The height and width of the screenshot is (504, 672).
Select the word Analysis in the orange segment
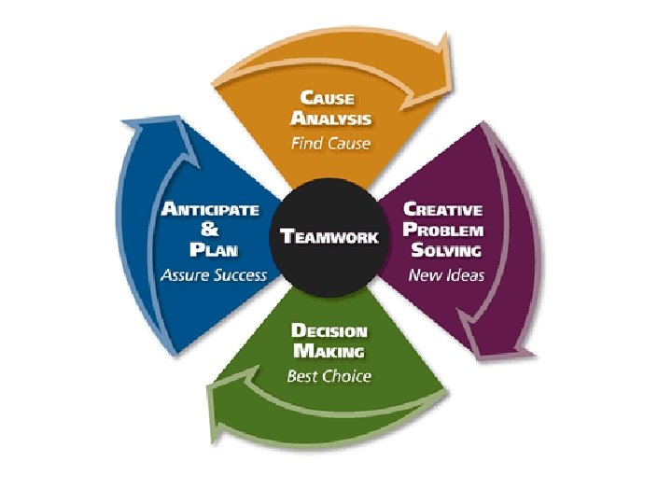[x=331, y=119]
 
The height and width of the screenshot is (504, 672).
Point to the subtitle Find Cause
[x=330, y=144]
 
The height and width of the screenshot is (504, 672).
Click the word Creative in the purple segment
[x=442, y=209]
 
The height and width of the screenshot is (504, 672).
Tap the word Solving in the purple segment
[x=444, y=250]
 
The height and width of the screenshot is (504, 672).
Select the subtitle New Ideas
[x=446, y=275]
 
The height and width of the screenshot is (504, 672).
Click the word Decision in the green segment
[x=329, y=330]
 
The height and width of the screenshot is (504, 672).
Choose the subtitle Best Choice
[x=329, y=376]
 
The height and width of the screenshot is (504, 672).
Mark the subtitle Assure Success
[x=213, y=275]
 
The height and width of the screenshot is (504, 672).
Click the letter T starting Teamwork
[x=287, y=236]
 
